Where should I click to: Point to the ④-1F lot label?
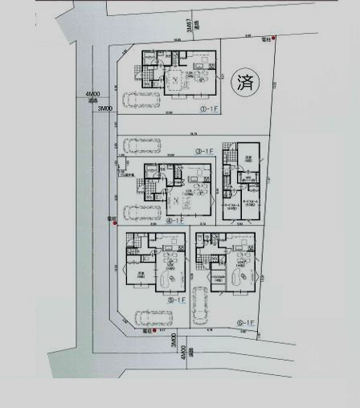point(175,220)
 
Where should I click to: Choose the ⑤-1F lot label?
point(176,299)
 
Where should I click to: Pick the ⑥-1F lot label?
point(245,322)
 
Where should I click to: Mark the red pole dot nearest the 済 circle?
point(273,38)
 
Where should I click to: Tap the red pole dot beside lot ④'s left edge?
point(113,220)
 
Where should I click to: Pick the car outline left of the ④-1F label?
point(138,213)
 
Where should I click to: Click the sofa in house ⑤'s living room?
point(170,278)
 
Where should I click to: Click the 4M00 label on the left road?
point(92,96)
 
